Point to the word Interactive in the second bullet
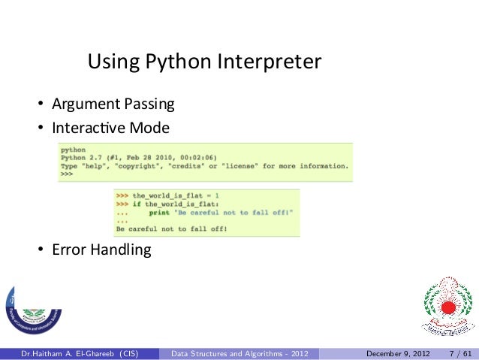coord(88,128)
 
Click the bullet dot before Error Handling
coord(36,250)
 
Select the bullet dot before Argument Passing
coord(36,104)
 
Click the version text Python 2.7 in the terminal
coord(84,157)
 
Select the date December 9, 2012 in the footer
coord(398,352)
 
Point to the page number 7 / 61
coord(459,352)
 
